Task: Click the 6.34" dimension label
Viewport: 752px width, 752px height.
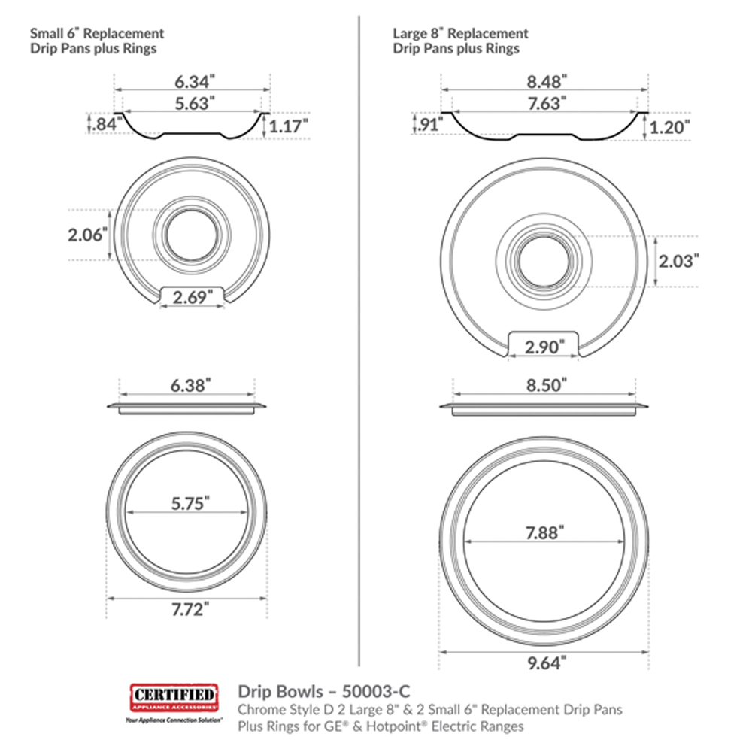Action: pyautogui.click(x=194, y=81)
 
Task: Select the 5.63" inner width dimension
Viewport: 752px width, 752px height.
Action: pyautogui.click(x=194, y=103)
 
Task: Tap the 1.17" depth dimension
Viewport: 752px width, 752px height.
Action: pyautogui.click(x=288, y=126)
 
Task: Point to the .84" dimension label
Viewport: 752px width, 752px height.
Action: pyautogui.click(x=105, y=124)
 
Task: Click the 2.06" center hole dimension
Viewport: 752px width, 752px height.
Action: pyautogui.click(x=88, y=235)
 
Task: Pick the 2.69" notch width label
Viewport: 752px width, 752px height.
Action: pyautogui.click(x=193, y=297)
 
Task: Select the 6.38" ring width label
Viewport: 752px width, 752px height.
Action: pyautogui.click(x=190, y=384)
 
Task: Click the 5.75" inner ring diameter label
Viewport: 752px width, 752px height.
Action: pyautogui.click(x=190, y=503)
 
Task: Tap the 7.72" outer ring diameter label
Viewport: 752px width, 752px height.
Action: pyautogui.click(x=190, y=609)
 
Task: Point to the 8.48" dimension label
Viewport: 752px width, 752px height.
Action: pyautogui.click(x=547, y=81)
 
